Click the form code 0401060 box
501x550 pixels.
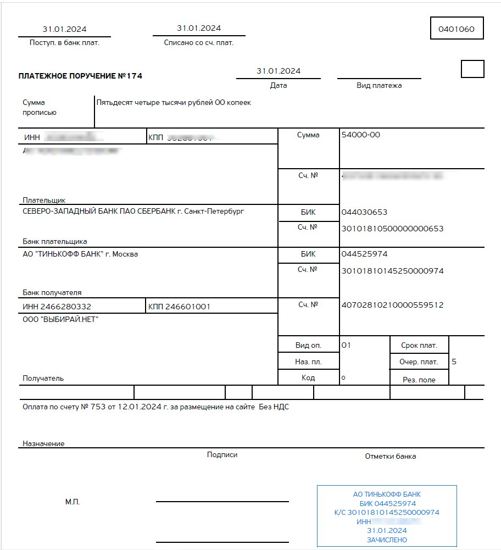coord(456,29)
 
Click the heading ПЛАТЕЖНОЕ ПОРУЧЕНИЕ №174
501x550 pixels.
coord(80,76)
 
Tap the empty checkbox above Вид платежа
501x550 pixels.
coord(472,69)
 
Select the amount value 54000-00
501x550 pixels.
coord(360,135)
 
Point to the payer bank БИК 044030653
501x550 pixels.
coord(364,212)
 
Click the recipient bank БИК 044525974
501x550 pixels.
coord(364,254)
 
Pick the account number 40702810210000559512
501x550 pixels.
coord(392,305)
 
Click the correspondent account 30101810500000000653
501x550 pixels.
coord(392,229)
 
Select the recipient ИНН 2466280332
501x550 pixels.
coord(57,307)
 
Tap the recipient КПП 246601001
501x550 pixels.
coord(179,307)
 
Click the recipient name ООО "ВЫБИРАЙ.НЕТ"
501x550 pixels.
coord(60,319)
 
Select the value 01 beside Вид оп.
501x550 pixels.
coord(346,345)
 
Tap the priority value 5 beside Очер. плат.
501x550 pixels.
coord(454,362)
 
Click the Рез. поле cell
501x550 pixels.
coord(420,379)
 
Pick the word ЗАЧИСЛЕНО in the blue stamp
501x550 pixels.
coord(387,540)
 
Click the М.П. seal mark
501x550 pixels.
coord(73,502)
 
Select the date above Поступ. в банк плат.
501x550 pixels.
coord(64,29)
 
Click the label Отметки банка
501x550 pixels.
coord(390,456)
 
